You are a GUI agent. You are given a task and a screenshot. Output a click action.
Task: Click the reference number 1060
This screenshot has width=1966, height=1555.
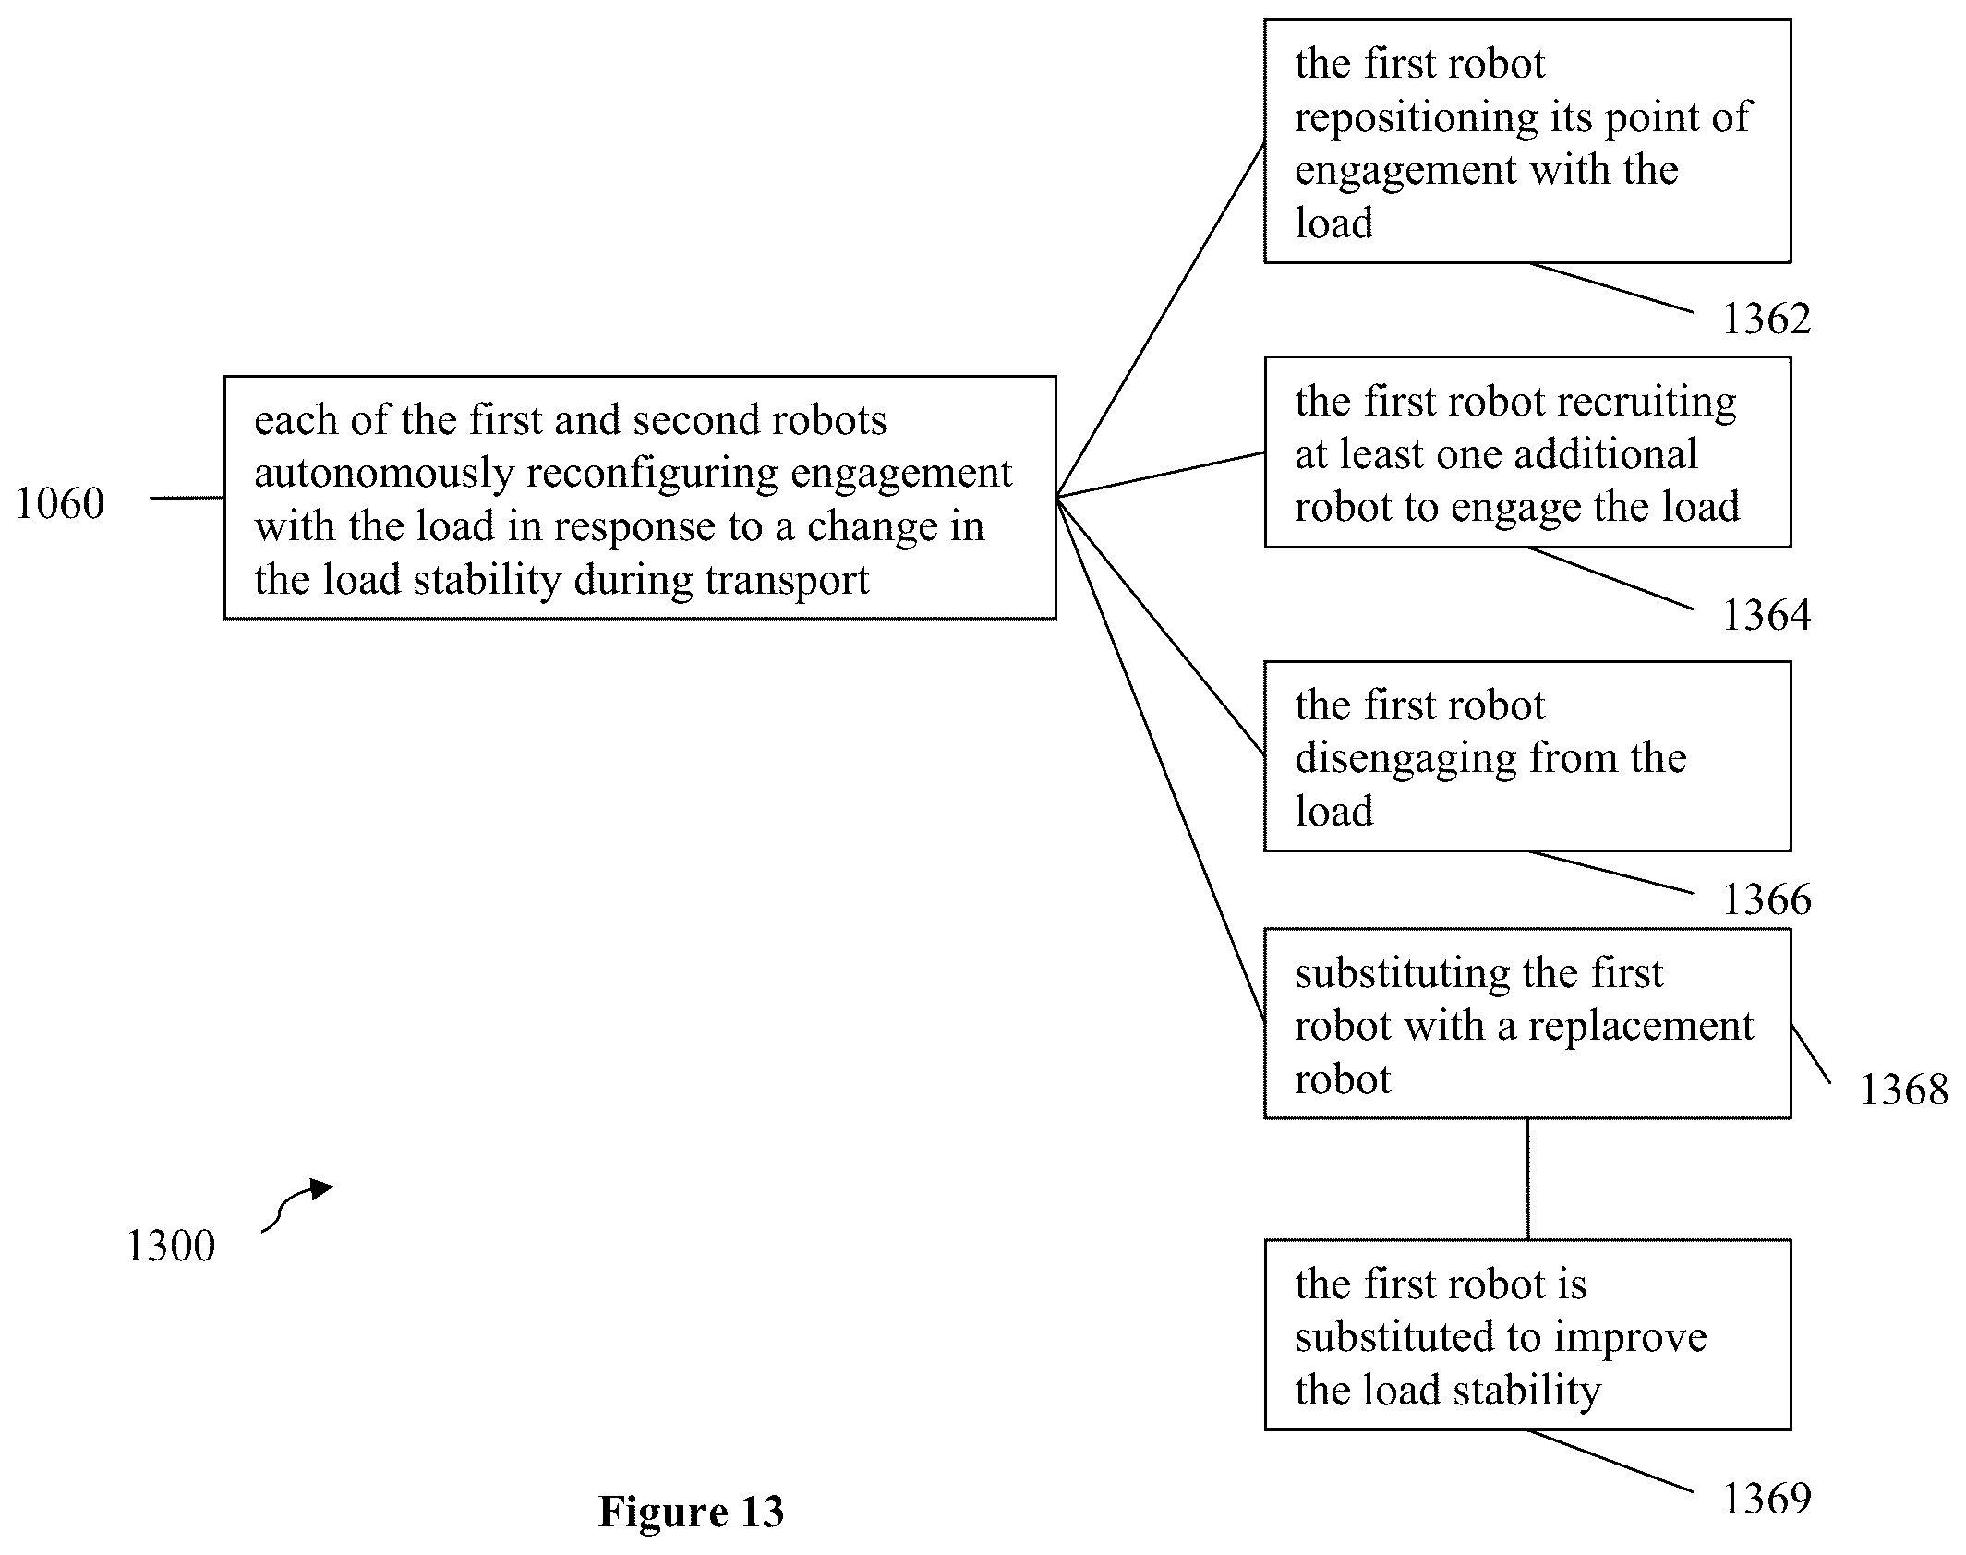(x=60, y=503)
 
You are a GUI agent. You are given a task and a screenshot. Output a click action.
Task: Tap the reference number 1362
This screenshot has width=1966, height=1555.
(x=1767, y=319)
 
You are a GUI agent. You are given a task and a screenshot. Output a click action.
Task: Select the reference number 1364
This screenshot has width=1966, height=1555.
(x=1767, y=615)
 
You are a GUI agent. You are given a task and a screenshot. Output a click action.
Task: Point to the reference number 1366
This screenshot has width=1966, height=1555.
(x=1767, y=899)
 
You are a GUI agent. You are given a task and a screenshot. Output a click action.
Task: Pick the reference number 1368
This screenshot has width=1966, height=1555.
(x=1903, y=1090)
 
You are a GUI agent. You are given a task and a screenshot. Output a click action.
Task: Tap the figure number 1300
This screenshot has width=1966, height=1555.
(x=170, y=1246)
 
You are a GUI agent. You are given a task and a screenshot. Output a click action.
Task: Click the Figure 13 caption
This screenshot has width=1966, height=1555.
(x=691, y=1512)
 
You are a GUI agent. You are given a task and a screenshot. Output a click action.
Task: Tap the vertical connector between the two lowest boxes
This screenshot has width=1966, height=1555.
(x=1527, y=1179)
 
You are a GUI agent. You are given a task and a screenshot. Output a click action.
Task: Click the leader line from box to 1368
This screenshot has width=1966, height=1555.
(x=1811, y=1054)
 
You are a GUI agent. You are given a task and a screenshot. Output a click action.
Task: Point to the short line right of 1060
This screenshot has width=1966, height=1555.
(x=187, y=498)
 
